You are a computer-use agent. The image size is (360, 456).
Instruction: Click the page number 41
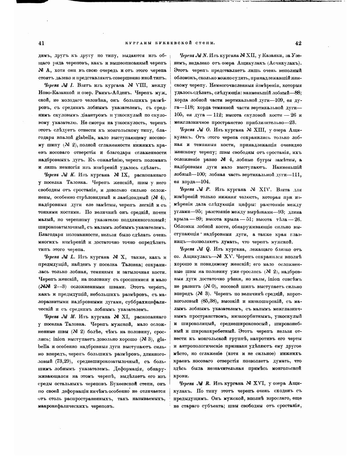pyautogui.click(x=41, y=43)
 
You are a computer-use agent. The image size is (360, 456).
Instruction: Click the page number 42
pyautogui.click(x=298, y=43)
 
